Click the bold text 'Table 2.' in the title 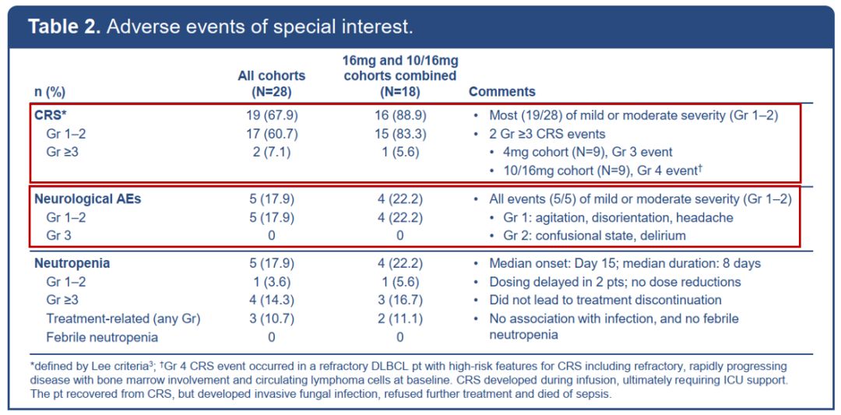pyautogui.click(x=64, y=27)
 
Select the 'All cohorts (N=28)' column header pyautogui.click(x=272, y=83)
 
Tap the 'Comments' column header pyautogui.click(x=502, y=92)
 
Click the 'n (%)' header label pyautogui.click(x=49, y=92)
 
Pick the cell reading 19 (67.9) pyautogui.click(x=272, y=115)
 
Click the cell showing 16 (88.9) pyautogui.click(x=399, y=115)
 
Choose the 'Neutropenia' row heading pyautogui.click(x=72, y=264)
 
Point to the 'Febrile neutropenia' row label pyautogui.click(x=102, y=336)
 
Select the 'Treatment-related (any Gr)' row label pyautogui.click(x=123, y=318)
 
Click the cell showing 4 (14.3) pyautogui.click(x=272, y=301)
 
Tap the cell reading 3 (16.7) pyautogui.click(x=399, y=301)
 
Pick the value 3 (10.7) pyautogui.click(x=272, y=318)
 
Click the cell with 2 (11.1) pyautogui.click(x=399, y=318)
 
